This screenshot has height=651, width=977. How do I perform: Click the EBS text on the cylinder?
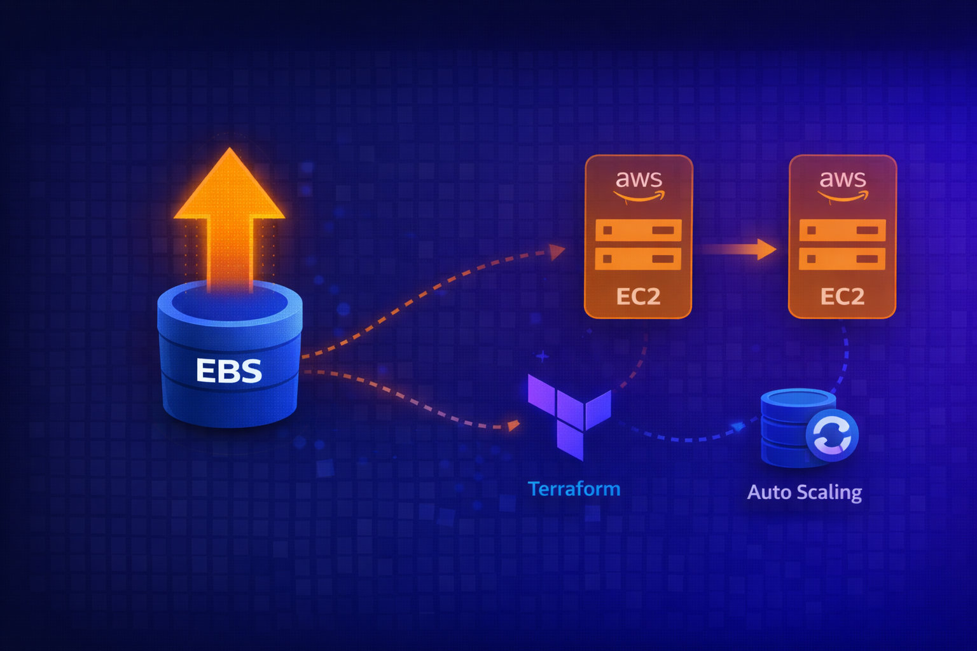click(228, 371)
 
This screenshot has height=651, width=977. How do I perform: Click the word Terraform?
click(574, 489)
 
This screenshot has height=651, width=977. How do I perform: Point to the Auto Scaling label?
click(804, 492)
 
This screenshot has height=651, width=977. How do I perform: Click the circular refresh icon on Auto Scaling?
click(832, 436)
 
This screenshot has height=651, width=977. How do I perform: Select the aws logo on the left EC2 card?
click(639, 185)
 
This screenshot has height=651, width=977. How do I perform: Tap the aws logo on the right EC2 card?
click(842, 185)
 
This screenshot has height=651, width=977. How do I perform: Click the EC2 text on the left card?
click(638, 296)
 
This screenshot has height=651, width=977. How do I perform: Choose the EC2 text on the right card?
click(842, 296)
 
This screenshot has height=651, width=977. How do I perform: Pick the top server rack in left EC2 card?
click(638, 230)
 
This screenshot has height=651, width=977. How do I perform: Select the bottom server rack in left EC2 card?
click(638, 259)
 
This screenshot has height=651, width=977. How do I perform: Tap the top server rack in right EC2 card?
click(842, 230)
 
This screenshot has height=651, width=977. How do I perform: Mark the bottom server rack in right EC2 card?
click(842, 259)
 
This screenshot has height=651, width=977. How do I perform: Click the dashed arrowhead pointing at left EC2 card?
click(557, 252)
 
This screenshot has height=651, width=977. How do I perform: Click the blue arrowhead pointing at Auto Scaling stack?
click(738, 426)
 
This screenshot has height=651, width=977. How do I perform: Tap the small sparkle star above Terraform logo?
click(542, 357)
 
